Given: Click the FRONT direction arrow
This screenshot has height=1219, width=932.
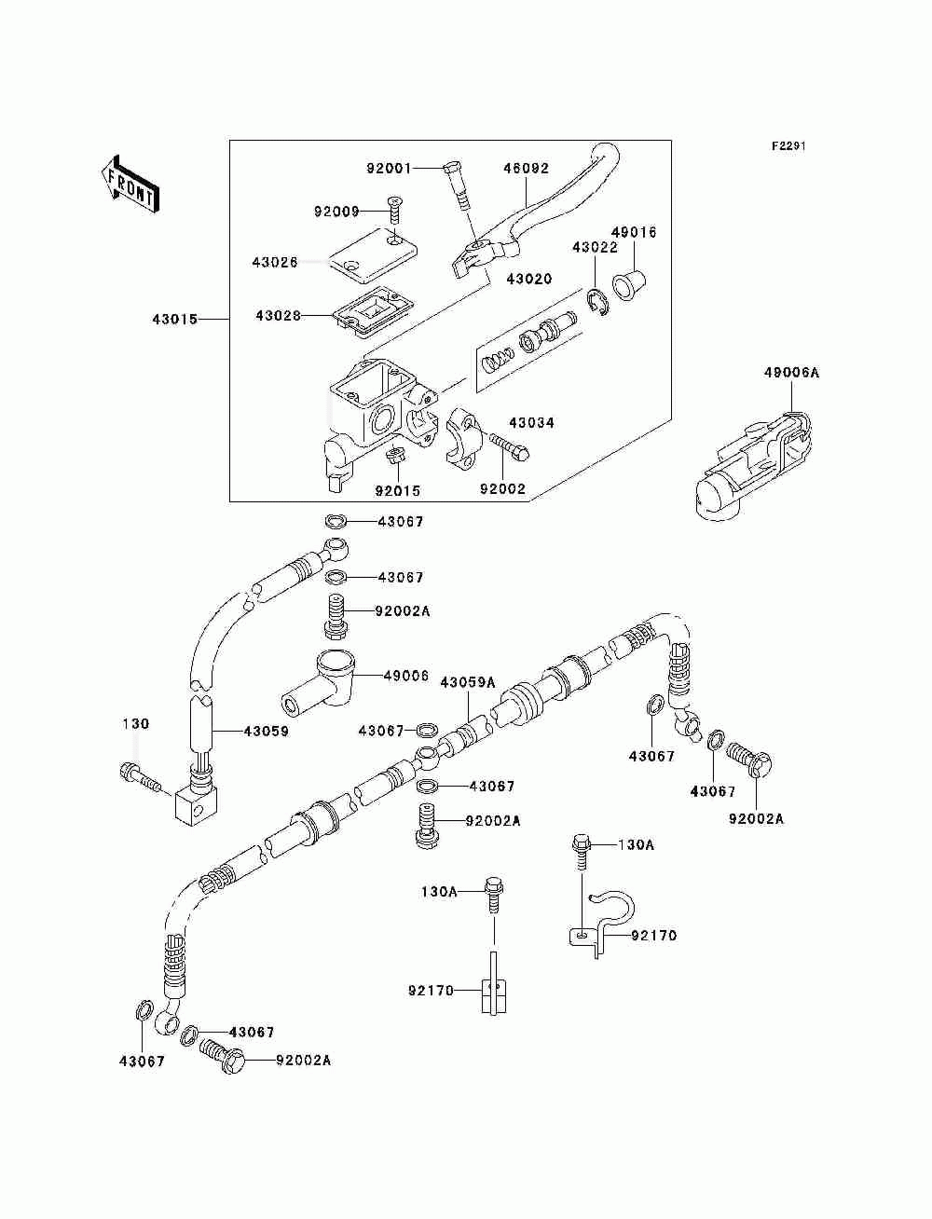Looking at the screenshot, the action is (130, 184).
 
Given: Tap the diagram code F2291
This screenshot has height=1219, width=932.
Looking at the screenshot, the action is (788, 146).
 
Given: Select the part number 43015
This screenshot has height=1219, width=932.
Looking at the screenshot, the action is (175, 320).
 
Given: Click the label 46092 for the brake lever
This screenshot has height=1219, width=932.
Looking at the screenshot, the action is (526, 168).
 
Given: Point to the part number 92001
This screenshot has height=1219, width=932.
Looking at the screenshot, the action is (389, 168).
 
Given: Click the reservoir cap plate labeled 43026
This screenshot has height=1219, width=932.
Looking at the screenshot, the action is (372, 253).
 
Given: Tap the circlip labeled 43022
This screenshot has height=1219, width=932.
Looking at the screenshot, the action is (598, 303).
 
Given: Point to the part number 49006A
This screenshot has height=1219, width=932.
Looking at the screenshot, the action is (791, 373).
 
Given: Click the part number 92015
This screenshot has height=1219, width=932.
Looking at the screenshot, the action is (398, 491).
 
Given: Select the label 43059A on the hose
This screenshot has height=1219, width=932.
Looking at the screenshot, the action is (467, 682).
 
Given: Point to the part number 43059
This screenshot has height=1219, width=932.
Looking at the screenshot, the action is (266, 732).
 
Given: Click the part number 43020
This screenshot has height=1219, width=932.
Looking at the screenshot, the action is (528, 279).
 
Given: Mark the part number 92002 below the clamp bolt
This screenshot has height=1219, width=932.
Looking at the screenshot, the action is (502, 488).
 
